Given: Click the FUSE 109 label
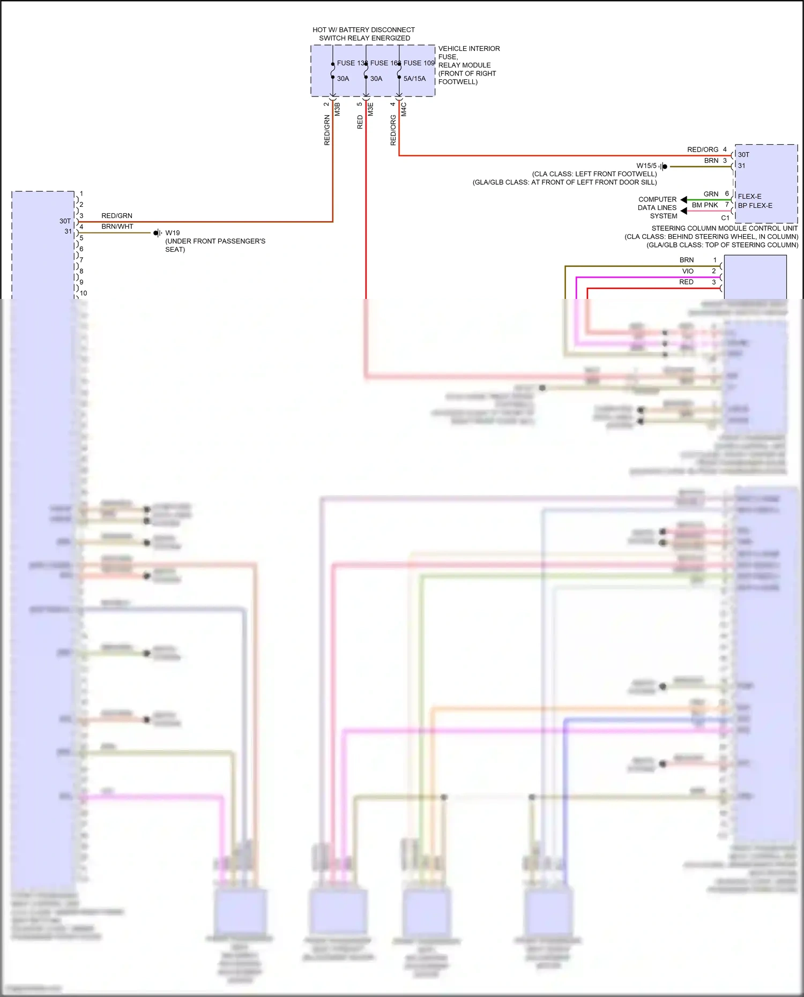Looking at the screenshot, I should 419,63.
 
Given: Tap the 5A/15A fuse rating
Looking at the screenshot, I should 414,79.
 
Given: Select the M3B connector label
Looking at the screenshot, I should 338,109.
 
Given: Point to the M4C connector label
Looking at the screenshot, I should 404,109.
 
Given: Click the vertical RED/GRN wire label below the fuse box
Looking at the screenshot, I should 327,130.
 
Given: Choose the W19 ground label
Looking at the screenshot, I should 173,233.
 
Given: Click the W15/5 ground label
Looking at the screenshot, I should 646,166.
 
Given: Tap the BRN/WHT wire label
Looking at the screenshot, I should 117,227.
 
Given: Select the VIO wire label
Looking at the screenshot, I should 688,271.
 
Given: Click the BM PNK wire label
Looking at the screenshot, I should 705,205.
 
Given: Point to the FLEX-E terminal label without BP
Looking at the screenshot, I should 749,197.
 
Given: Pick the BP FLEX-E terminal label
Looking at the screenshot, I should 755,206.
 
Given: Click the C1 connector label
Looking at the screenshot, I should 725,218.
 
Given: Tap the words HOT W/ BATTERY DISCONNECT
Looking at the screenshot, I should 363,30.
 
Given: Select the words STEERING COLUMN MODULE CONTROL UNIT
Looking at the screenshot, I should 724,228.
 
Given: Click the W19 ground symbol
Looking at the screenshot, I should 157,233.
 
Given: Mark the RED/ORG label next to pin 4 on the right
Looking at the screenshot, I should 703,150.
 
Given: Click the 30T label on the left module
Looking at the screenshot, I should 65,221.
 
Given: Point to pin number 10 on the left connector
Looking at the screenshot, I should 84,294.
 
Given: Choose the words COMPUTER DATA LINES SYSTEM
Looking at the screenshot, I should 658,208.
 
